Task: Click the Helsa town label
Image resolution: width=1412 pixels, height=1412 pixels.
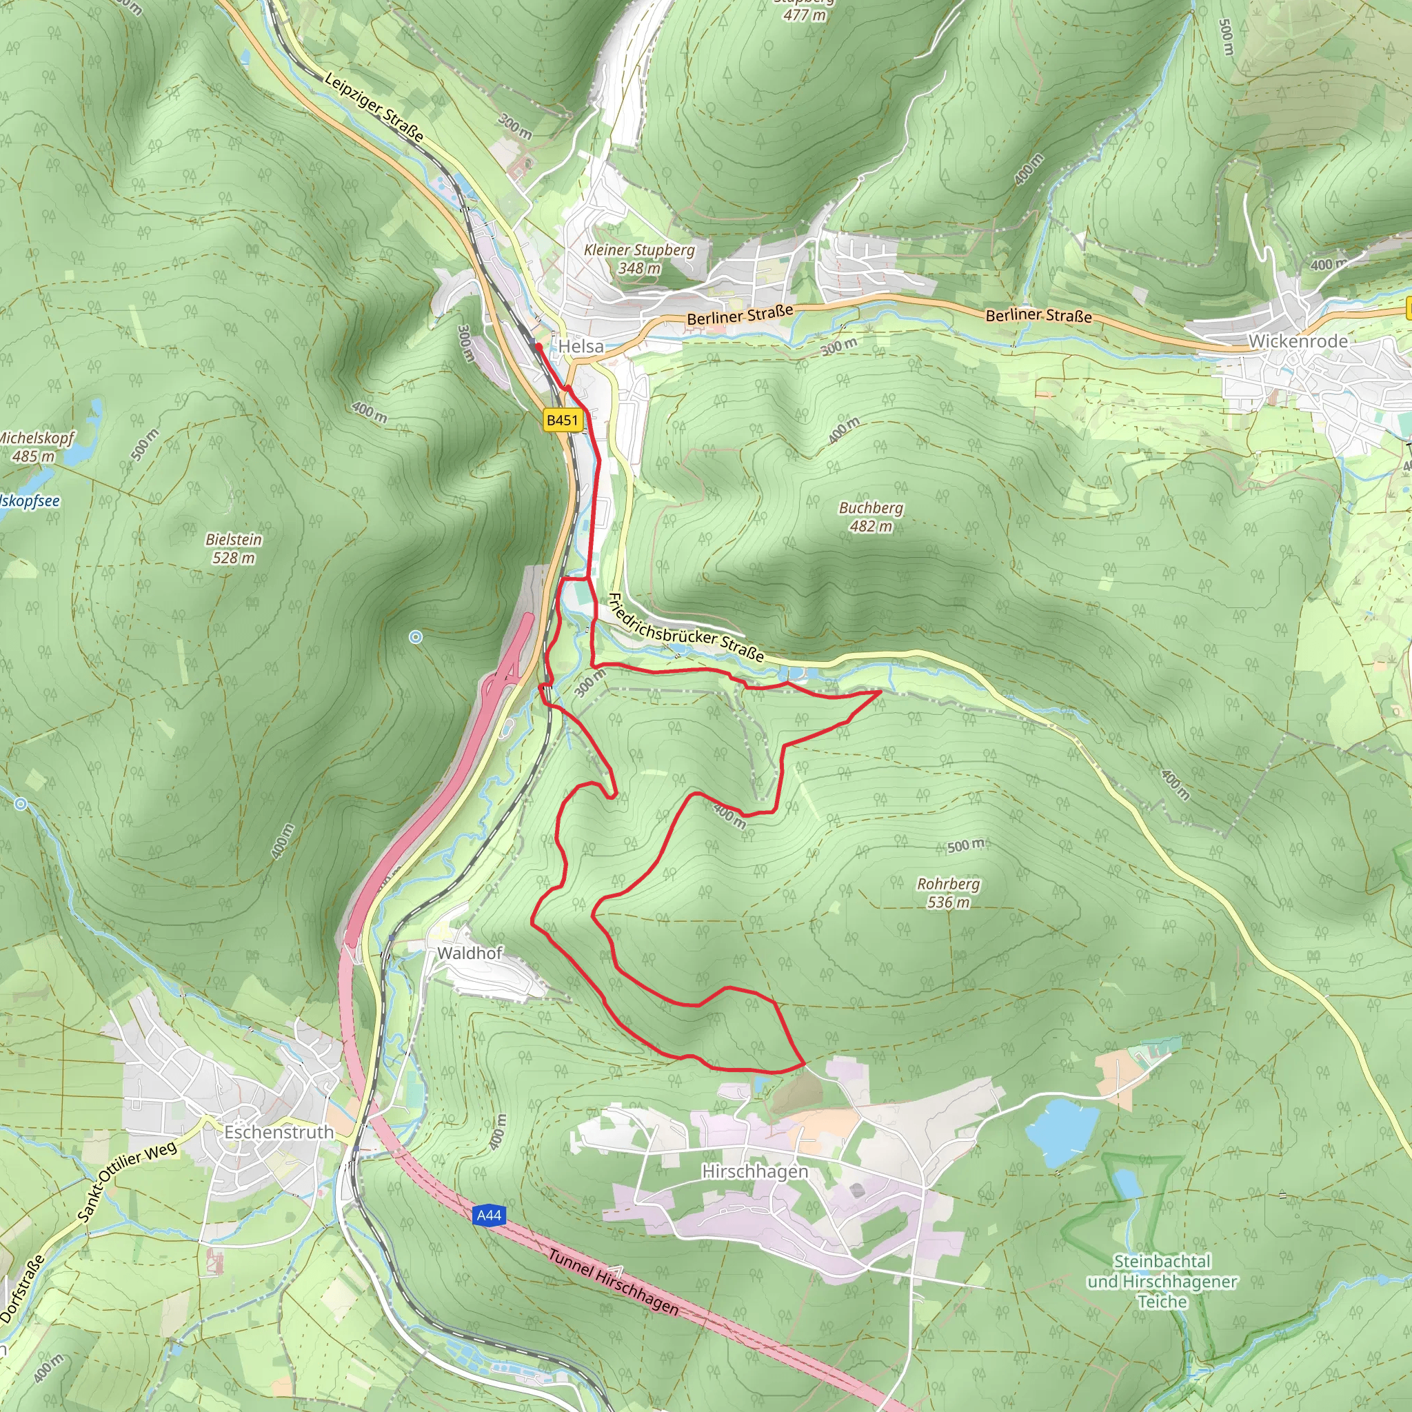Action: (581, 346)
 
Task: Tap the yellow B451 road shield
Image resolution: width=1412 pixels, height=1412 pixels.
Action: (562, 421)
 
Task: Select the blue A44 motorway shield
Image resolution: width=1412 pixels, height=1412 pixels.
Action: (488, 1216)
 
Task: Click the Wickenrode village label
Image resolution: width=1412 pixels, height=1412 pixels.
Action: (1298, 341)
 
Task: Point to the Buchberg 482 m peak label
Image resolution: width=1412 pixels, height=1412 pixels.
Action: (871, 516)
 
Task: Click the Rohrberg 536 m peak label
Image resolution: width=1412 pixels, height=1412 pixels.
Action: (948, 893)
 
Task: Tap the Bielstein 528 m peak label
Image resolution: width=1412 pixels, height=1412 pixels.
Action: (233, 548)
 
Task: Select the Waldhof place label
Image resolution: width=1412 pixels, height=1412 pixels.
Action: (470, 953)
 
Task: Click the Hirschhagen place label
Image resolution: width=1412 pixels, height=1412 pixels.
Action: (755, 1171)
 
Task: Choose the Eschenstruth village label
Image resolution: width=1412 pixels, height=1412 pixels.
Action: (279, 1132)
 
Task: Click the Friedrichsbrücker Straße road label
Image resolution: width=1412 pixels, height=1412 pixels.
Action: (685, 628)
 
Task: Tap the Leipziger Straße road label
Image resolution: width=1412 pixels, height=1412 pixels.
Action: (374, 107)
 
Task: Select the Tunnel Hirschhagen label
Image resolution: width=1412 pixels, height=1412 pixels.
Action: (613, 1282)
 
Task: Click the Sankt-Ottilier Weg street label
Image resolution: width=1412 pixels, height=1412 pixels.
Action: (126, 1182)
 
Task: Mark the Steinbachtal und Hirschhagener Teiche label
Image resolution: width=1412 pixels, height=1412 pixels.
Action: (1162, 1281)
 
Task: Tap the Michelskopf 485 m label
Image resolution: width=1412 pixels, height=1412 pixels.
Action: (35, 447)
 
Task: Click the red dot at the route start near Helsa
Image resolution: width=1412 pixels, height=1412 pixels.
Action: (538, 346)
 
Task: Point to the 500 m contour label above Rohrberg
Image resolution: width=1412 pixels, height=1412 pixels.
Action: (965, 845)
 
